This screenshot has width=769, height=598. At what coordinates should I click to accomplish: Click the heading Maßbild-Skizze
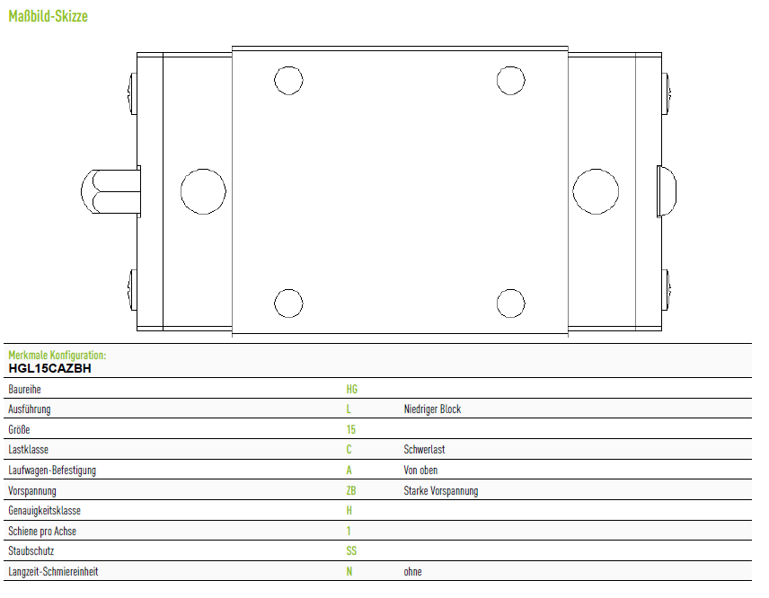[49, 16]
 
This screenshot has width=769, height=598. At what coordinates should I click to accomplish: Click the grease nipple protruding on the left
[110, 191]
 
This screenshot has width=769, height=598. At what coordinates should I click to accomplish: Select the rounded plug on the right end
[667, 191]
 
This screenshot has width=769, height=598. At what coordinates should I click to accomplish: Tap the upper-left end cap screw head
[132, 93]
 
